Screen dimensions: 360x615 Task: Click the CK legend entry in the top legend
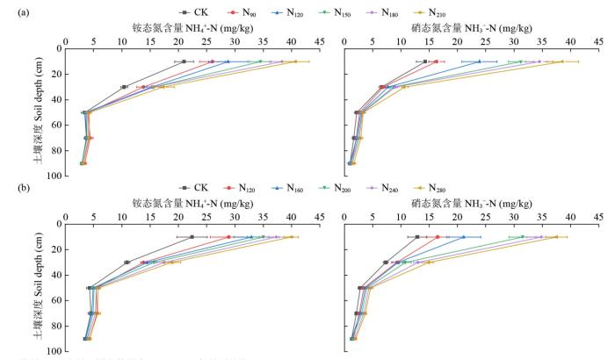[x=194, y=11]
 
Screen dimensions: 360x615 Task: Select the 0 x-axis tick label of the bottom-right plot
[x=344, y=215]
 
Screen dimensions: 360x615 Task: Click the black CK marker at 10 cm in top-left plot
[x=183, y=61]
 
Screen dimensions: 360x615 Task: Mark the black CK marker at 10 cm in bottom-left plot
[x=191, y=236]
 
